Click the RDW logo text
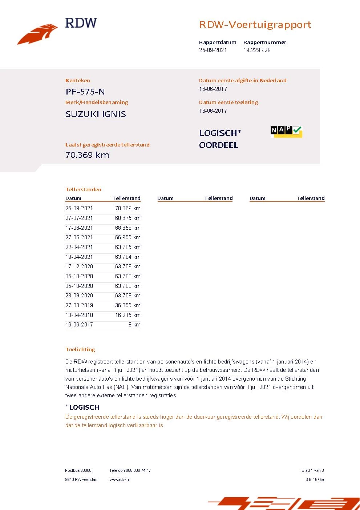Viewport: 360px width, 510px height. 81,23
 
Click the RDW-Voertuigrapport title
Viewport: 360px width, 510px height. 255,25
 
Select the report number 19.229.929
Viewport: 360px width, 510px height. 257,50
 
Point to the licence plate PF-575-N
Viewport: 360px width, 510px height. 85,92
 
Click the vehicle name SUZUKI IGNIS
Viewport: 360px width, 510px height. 96,114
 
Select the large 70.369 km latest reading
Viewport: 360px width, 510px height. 87,155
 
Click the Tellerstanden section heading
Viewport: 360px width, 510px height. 83,189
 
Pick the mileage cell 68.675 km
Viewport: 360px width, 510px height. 128,218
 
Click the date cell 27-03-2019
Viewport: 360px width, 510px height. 79,305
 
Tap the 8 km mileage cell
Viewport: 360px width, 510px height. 134,325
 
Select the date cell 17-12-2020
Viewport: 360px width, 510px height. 79,266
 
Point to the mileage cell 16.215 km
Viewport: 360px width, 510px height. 128,315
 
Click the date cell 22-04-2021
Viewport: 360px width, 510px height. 79,247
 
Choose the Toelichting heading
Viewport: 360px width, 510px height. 80,349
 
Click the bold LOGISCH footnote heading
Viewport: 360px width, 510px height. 84,407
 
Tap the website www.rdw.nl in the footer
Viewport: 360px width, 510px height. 120,479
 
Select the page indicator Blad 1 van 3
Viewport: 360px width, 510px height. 312,470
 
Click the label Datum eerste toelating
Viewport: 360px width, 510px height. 228,102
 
